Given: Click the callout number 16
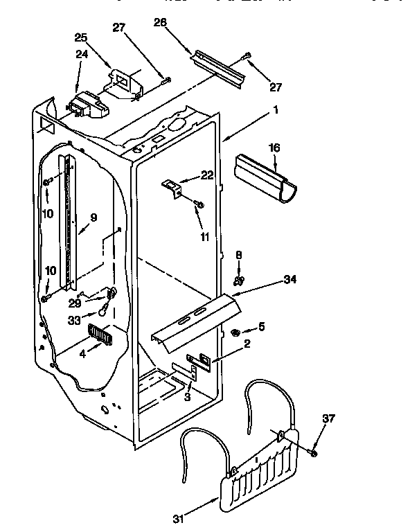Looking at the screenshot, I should [274, 148].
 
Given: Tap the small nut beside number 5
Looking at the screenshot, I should [237, 333].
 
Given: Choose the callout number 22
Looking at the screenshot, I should [207, 175].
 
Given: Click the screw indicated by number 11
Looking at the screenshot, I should [199, 204].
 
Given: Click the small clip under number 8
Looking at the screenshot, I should [239, 281].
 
